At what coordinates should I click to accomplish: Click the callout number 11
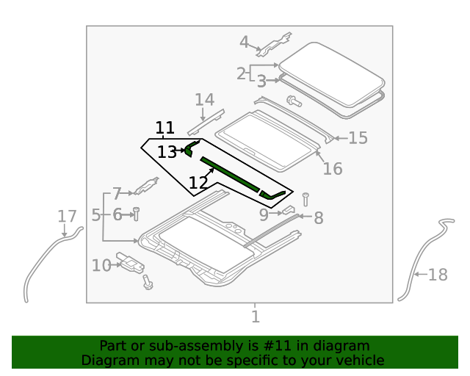click(165, 127)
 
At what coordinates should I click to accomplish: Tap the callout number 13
click(167, 151)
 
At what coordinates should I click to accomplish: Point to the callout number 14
click(204, 99)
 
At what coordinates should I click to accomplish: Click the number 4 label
click(245, 42)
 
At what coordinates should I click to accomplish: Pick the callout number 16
click(333, 168)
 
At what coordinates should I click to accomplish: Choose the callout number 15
click(358, 137)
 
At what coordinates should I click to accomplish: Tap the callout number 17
click(67, 216)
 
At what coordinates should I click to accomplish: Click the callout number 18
click(438, 275)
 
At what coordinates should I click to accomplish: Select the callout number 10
click(101, 264)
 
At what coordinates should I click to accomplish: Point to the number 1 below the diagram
click(255, 317)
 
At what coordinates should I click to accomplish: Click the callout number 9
click(264, 214)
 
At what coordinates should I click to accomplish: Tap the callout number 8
click(318, 217)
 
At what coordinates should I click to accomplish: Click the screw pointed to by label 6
click(136, 214)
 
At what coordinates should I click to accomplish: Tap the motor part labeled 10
click(131, 261)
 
